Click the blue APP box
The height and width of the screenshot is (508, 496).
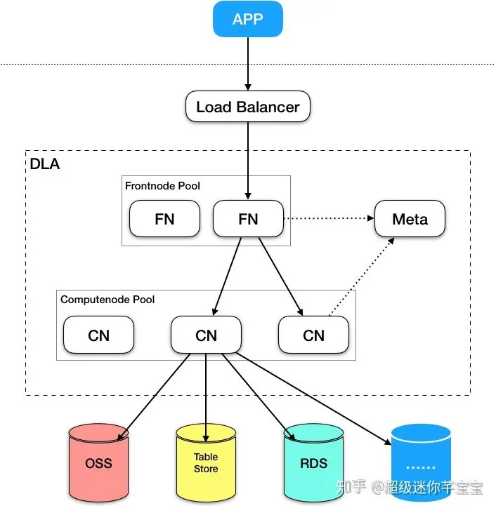(247, 19)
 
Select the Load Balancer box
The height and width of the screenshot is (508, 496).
(247, 107)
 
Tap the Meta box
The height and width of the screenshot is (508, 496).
(410, 219)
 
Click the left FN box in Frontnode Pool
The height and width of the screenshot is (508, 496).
(164, 219)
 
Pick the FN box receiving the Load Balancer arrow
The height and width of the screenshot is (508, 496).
(248, 219)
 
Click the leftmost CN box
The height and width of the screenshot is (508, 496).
(98, 335)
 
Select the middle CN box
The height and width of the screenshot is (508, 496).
(206, 335)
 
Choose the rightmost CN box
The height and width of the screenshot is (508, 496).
(313, 335)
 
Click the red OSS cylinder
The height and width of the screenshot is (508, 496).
(98, 463)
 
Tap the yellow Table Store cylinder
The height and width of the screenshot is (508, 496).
(206, 463)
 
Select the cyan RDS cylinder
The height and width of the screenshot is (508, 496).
(313, 463)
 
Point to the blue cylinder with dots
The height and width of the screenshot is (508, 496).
(420, 463)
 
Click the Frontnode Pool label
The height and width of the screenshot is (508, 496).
(162, 186)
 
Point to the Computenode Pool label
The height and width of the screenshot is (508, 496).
(107, 300)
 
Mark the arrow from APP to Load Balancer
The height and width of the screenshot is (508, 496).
(247, 63)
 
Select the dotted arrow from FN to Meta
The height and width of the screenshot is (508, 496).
(328, 219)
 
